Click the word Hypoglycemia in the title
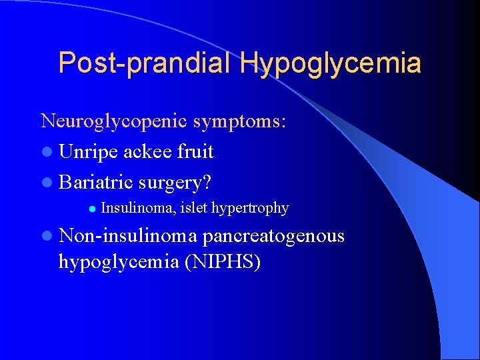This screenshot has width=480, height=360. (331, 63)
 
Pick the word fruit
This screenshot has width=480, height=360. (195, 152)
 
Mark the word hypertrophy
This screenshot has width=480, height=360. (251, 209)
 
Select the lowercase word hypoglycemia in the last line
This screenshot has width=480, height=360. (120, 263)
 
